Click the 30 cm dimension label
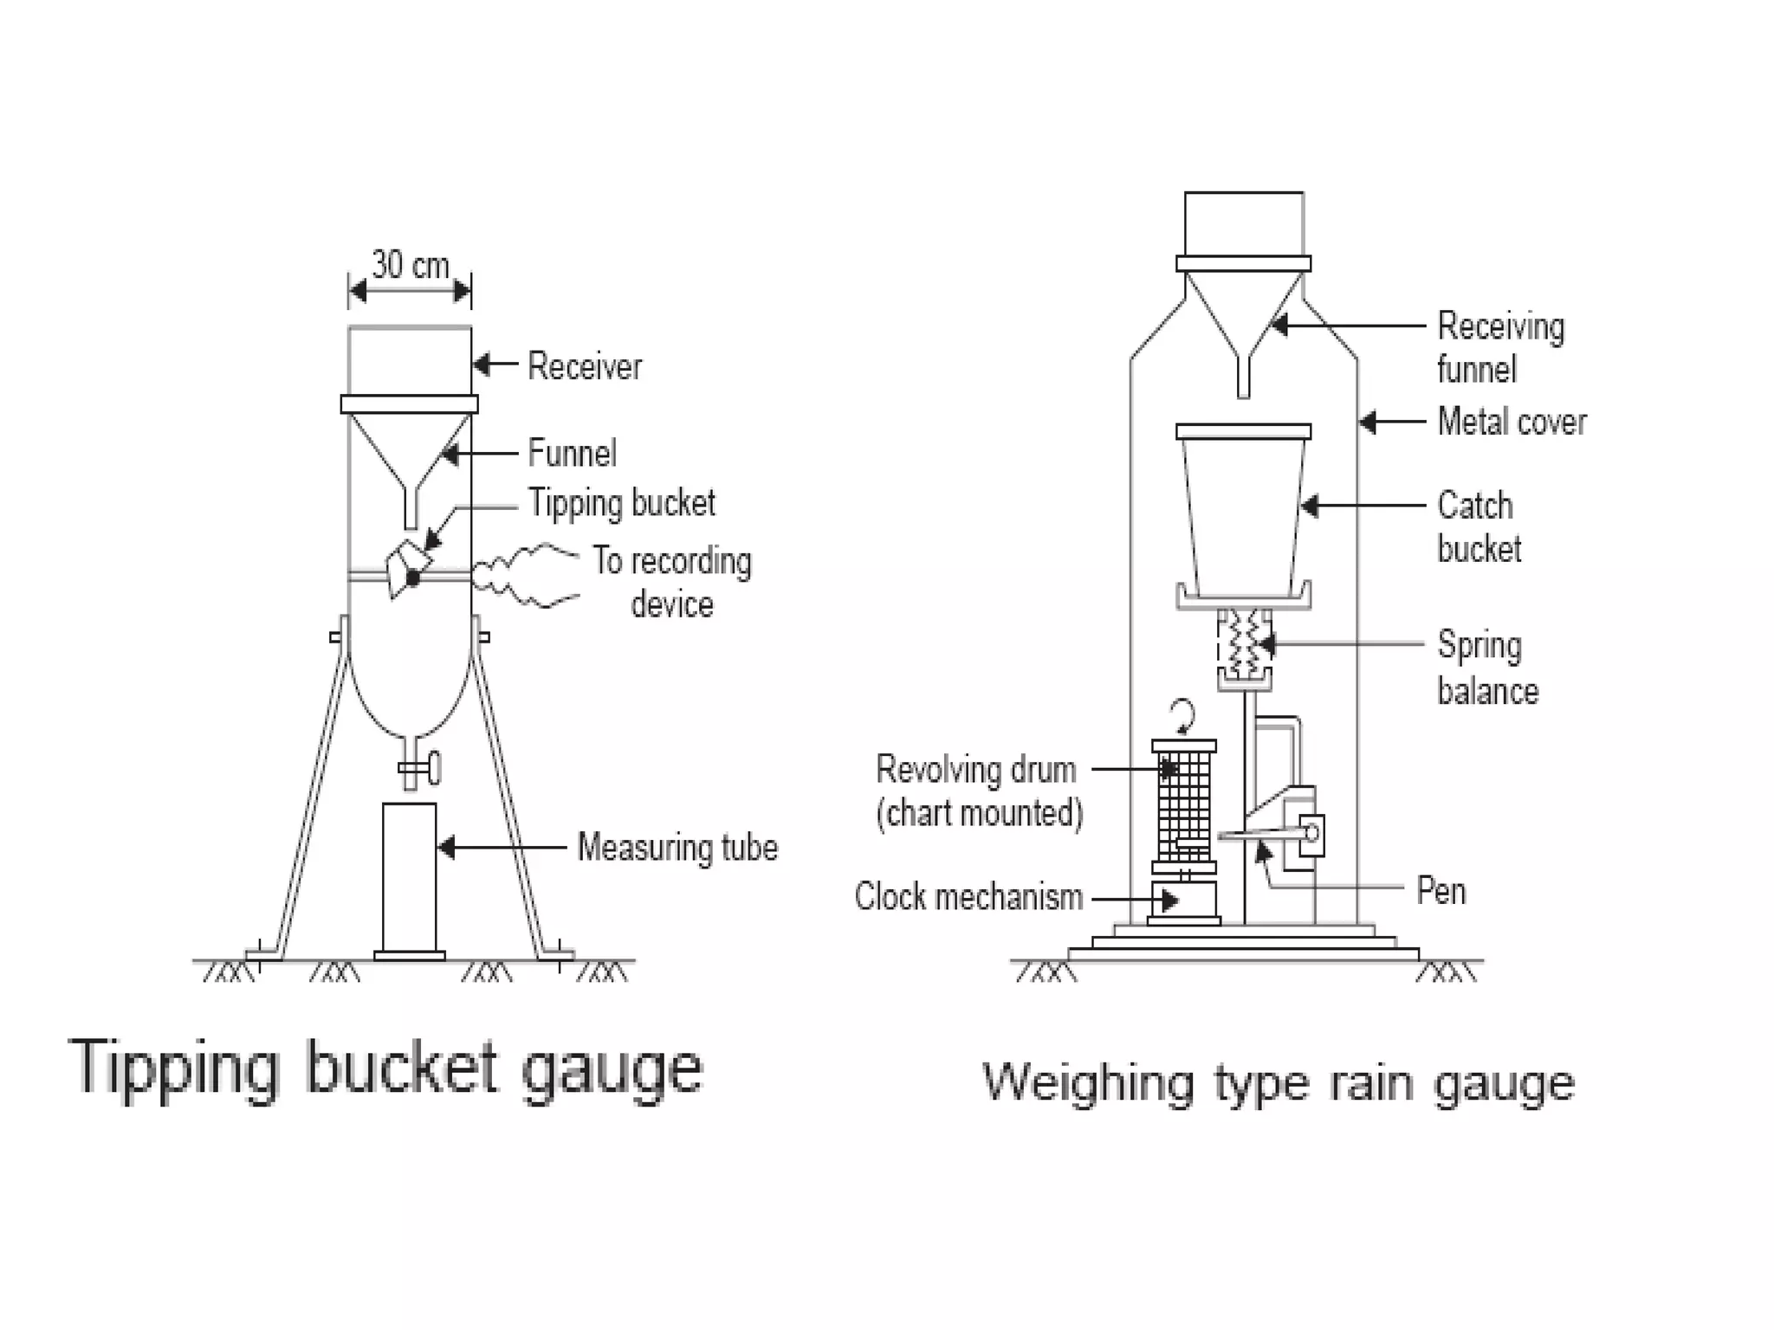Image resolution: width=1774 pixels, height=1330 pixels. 411,265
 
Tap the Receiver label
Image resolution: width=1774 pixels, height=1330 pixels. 585,366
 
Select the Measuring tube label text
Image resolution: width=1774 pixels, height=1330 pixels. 677,847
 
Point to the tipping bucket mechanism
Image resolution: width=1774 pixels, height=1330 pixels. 408,568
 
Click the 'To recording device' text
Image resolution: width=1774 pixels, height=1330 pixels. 672,583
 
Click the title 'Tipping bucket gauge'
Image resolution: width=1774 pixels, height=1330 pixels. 385,1068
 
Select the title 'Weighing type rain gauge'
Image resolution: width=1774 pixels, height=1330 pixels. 1279,1082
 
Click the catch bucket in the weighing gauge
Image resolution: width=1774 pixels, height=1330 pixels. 1244,511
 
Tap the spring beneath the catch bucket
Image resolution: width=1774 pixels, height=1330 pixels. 1245,645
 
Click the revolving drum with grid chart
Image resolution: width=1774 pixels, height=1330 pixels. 1184,805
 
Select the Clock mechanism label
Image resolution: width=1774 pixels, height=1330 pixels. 968,897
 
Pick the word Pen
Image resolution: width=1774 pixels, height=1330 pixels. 1441,891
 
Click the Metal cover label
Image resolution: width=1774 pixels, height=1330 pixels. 1512,422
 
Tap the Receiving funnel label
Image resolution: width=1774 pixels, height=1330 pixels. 1500,347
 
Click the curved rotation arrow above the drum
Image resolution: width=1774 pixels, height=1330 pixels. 1182,717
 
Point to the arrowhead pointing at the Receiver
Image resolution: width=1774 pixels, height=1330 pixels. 482,365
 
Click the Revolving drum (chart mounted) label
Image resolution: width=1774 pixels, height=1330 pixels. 979,791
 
